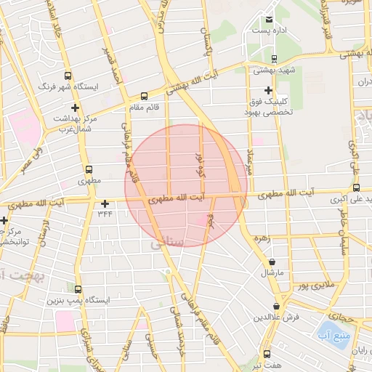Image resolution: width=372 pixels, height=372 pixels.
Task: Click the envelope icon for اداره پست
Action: (x=270, y=20)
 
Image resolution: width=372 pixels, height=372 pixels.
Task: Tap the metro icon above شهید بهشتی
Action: (x=274, y=59)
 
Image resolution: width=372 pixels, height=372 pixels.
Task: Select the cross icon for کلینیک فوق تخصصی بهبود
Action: (x=269, y=91)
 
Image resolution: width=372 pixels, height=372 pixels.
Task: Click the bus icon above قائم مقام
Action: (x=144, y=95)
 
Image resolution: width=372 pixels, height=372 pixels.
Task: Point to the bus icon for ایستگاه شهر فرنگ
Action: (x=68, y=75)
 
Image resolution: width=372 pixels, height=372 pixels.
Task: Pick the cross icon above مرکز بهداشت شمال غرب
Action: (x=75, y=108)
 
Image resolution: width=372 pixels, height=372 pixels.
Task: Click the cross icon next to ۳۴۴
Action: (x=105, y=204)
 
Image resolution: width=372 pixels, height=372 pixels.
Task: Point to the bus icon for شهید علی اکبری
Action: (x=355, y=187)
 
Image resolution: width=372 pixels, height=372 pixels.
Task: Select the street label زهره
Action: (x=262, y=238)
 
